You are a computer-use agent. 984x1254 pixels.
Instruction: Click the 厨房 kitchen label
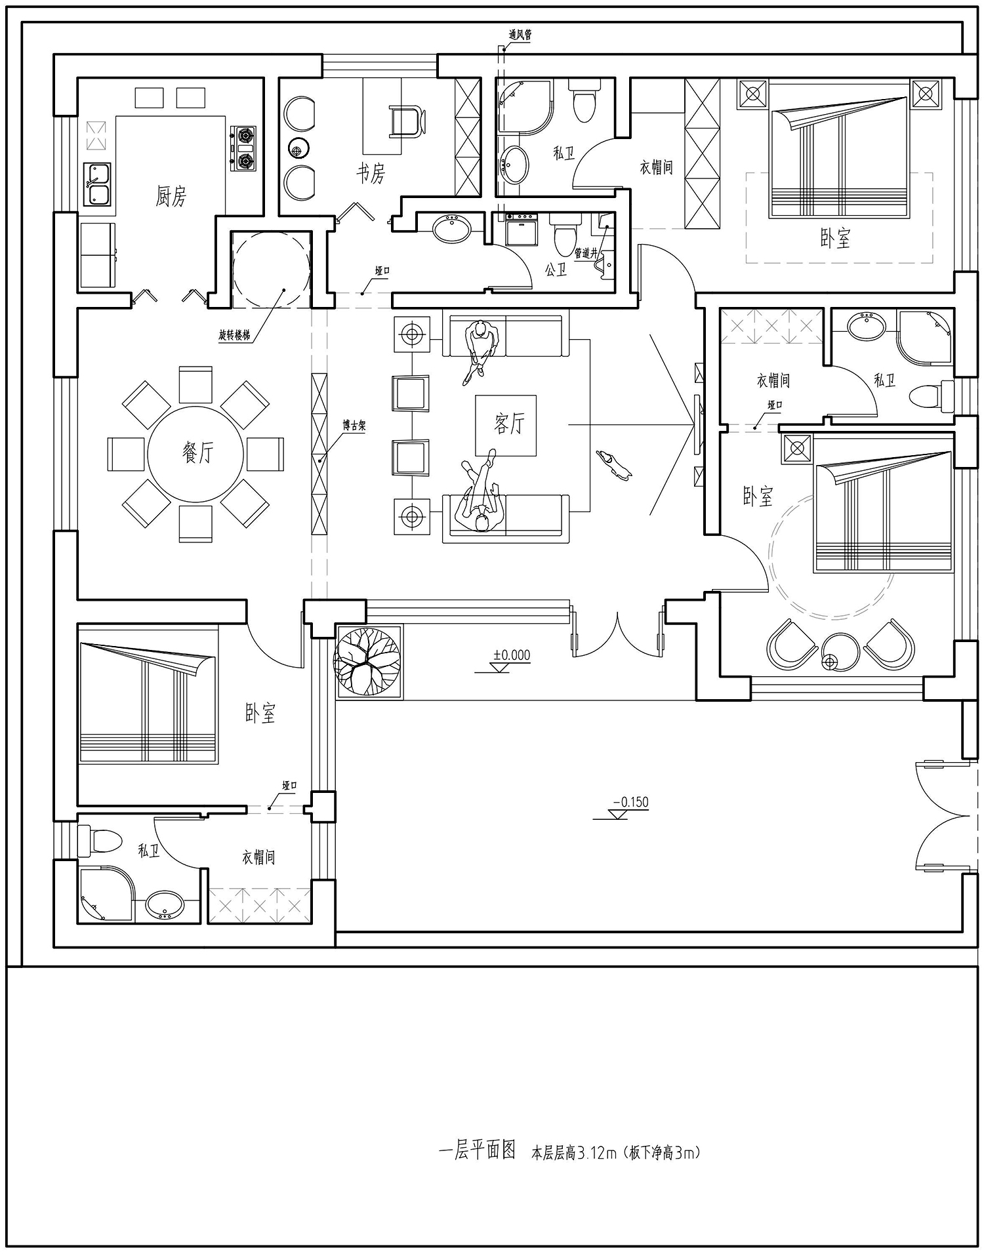point(171,195)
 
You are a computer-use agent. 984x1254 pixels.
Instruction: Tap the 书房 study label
point(371,173)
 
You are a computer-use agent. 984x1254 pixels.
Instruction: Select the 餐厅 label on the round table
point(197,453)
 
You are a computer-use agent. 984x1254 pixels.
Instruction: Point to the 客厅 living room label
point(509,424)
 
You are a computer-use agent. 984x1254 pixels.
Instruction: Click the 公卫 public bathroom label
point(556,269)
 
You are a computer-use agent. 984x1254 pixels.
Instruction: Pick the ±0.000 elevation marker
point(512,655)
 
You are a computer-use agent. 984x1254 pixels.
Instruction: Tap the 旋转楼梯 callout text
point(234,335)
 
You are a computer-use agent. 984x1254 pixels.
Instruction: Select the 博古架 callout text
point(354,426)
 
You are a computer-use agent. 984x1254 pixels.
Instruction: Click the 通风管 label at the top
point(520,35)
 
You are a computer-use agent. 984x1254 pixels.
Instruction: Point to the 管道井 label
point(586,253)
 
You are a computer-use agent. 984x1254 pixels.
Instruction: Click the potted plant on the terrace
point(367,660)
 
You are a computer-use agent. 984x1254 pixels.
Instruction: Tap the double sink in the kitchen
point(97,184)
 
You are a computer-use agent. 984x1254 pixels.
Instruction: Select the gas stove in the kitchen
point(244,149)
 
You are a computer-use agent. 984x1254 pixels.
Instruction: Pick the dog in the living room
point(614,464)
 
